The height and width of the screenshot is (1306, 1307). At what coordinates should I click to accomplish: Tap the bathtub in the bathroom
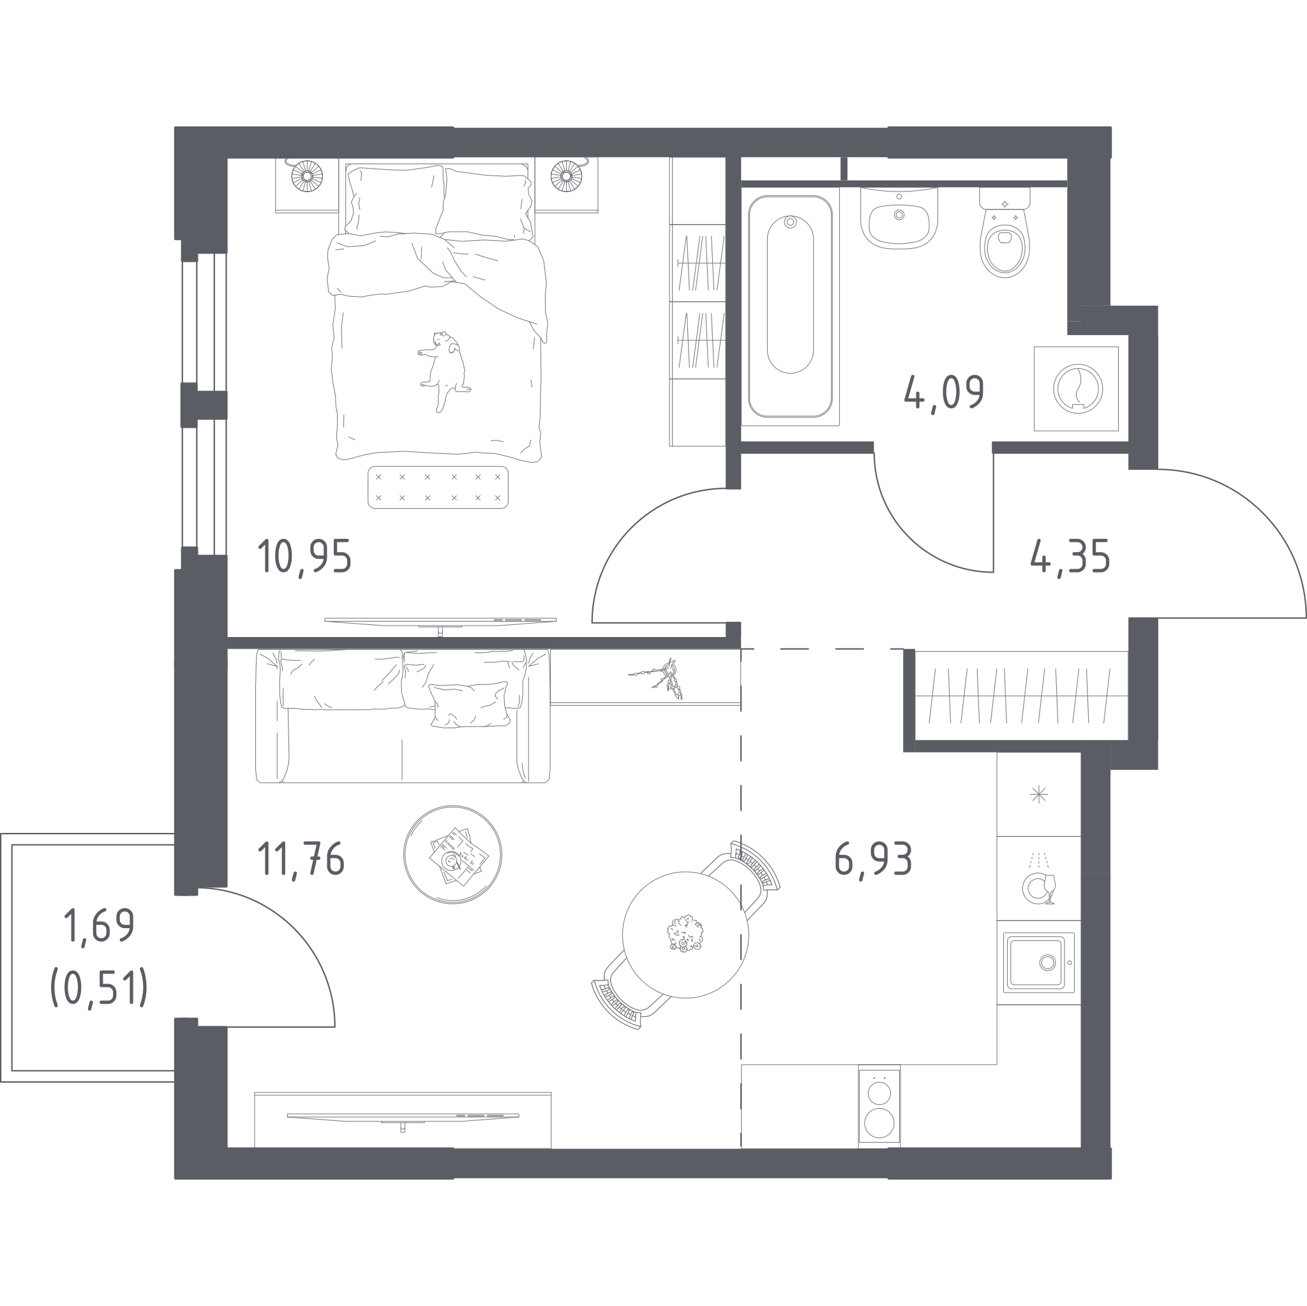pos(790,306)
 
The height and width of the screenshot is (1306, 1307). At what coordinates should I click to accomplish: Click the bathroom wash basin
pos(899,218)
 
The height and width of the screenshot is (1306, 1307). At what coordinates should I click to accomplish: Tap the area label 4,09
pos(945,393)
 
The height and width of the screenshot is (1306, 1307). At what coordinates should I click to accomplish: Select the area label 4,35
pos(1070,558)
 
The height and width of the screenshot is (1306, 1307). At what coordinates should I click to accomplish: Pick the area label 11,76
pos(301,859)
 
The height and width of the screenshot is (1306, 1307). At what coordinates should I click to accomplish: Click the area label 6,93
pos(874,859)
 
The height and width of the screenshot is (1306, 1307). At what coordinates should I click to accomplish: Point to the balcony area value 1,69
pos(99,926)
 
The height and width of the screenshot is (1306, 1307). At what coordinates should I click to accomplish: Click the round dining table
pos(685,934)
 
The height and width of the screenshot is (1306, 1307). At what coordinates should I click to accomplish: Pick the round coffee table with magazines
pos(452,855)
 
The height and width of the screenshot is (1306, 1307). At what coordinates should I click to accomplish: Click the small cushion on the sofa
pos(470,705)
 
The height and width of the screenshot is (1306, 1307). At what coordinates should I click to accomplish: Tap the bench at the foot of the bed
pos(438,487)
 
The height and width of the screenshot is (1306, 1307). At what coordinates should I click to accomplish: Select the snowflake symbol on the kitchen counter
pos(1038,795)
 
